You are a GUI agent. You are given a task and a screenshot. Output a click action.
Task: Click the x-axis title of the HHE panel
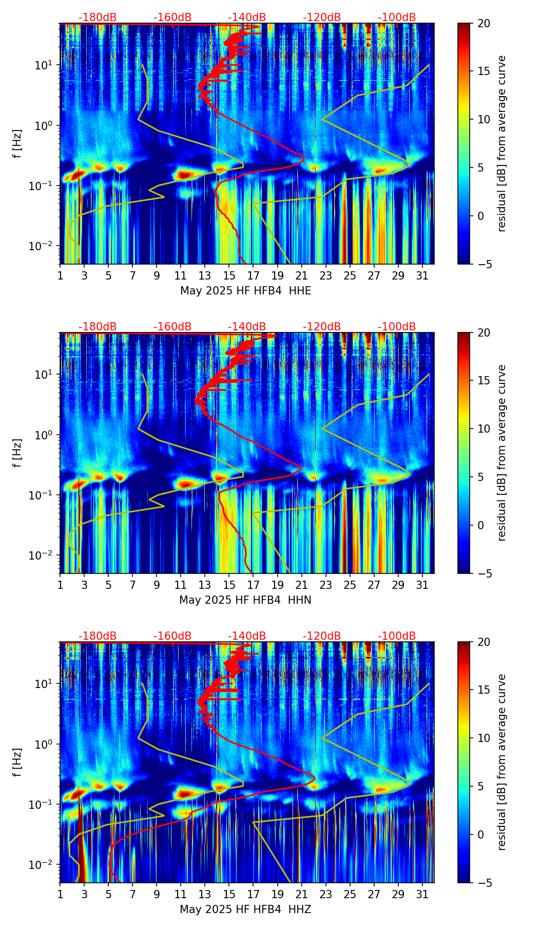[245, 291]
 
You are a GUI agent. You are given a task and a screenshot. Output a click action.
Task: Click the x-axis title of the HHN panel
[245, 600]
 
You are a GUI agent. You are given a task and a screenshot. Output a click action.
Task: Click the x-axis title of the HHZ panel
[245, 910]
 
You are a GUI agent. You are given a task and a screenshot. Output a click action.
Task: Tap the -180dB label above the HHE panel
[98, 17]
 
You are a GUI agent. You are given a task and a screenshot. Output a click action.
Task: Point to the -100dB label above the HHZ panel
[397, 636]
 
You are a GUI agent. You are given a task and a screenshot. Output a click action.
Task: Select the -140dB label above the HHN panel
[247, 327]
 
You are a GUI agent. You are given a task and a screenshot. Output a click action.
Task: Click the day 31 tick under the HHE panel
[422, 275]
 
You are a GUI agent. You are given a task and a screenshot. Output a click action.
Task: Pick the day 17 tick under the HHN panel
[254, 585]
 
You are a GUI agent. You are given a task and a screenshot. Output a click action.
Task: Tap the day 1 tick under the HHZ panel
[60, 894]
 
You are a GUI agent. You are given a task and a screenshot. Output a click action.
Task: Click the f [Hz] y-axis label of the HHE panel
[17, 144]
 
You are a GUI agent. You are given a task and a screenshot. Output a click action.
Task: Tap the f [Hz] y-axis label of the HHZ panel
[17, 763]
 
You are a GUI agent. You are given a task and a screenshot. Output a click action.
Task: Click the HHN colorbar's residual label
[502, 453]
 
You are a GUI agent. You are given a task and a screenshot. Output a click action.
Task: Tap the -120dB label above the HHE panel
[322, 17]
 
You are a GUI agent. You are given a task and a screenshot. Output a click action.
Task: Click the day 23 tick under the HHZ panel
[326, 894]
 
